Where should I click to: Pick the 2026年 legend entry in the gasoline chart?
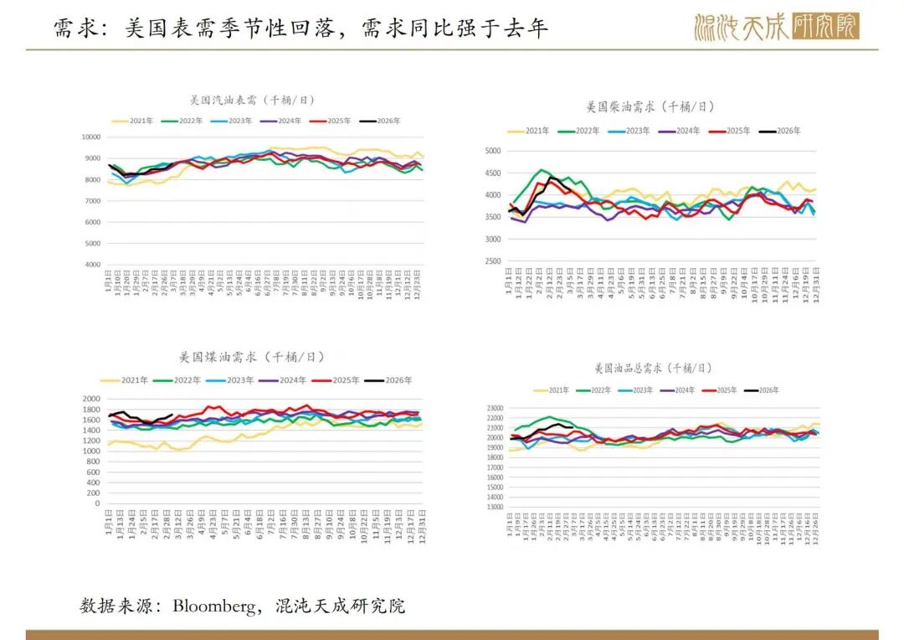[x=381, y=121]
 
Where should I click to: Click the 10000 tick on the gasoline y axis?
[x=90, y=137]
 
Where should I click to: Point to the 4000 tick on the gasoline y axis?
[x=92, y=265]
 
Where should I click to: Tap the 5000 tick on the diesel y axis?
[x=491, y=151]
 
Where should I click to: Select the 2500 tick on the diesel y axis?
[x=491, y=261]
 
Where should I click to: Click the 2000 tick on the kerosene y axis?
[x=92, y=399]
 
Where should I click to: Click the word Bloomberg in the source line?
[x=216, y=605]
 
